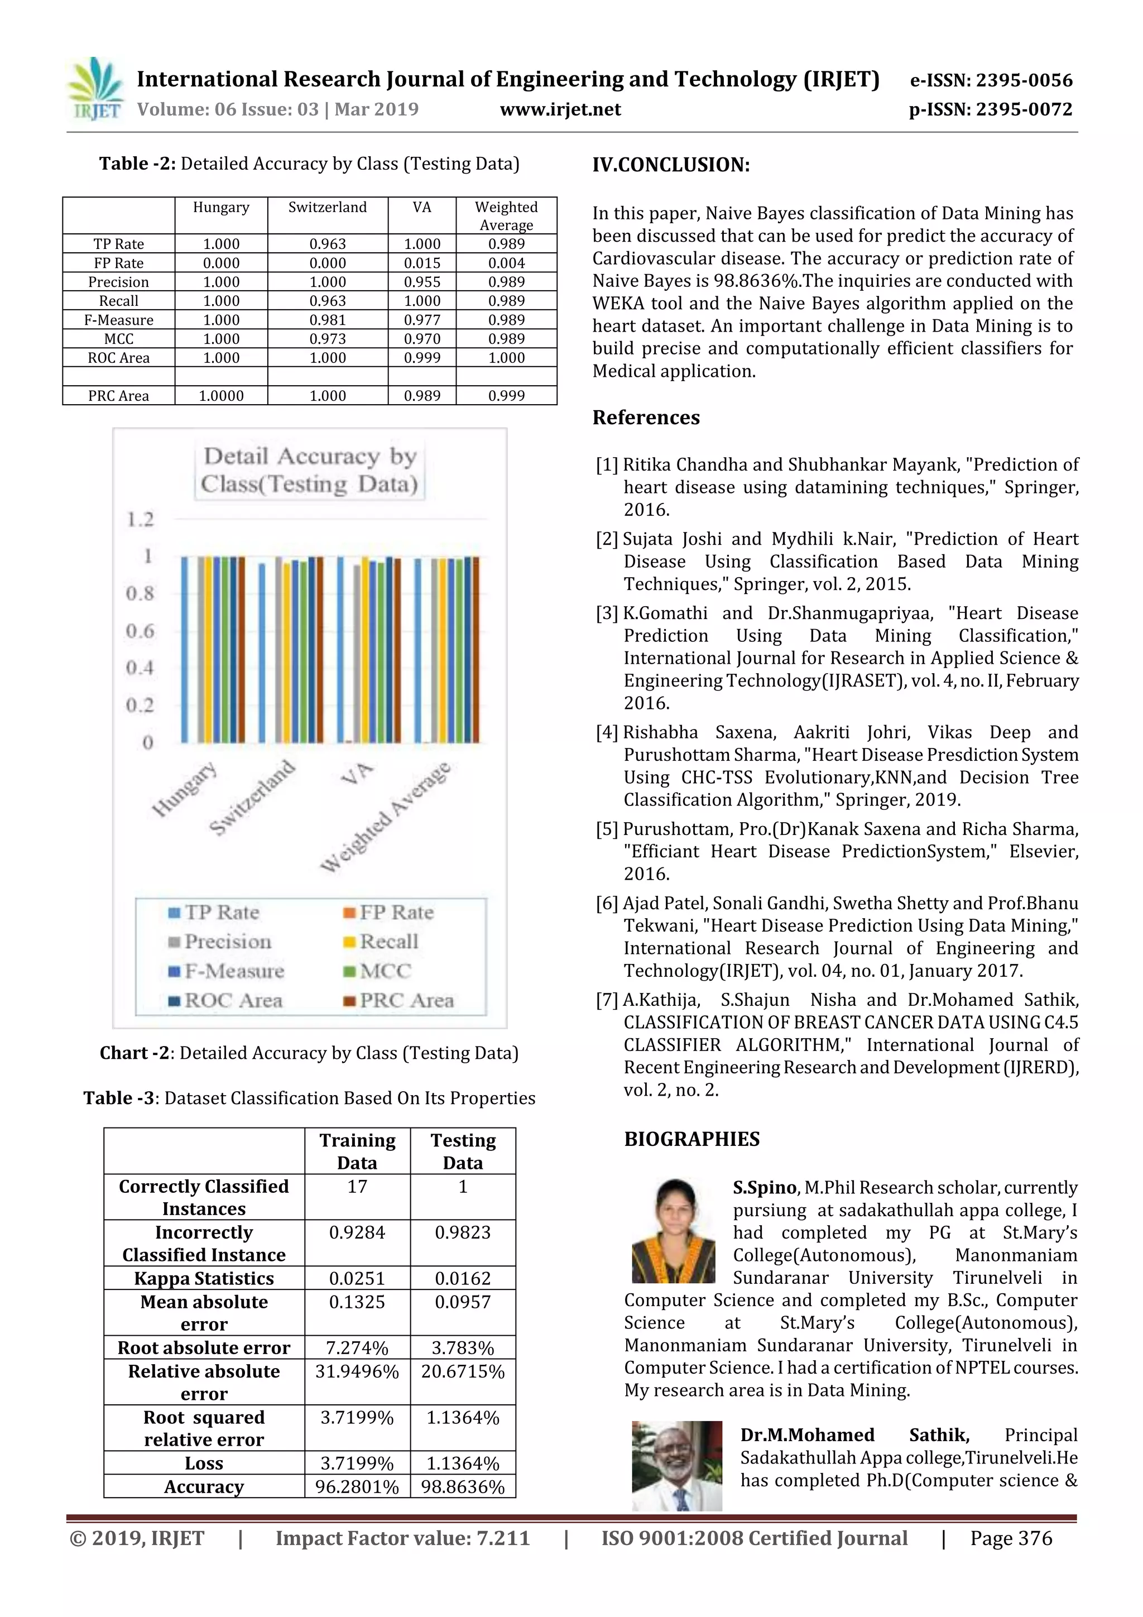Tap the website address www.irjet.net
pyautogui.click(x=560, y=110)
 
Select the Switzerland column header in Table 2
pyautogui.click(x=328, y=208)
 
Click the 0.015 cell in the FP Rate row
pyautogui.click(x=422, y=263)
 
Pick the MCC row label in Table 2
pyautogui.click(x=118, y=339)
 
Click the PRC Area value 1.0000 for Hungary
pyautogui.click(x=221, y=396)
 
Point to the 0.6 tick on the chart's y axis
pyautogui.click(x=140, y=631)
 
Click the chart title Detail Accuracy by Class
pyautogui.click(x=310, y=471)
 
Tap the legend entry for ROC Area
pyautogui.click(x=232, y=1001)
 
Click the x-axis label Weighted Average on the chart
pyautogui.click(x=386, y=817)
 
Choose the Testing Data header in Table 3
pyautogui.click(x=463, y=1151)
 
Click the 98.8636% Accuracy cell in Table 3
pyautogui.click(x=463, y=1487)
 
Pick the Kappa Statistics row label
pyautogui.click(x=204, y=1278)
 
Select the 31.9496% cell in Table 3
pyautogui.click(x=357, y=1372)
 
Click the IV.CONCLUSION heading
pyautogui.click(x=671, y=166)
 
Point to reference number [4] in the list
pyautogui.click(x=607, y=733)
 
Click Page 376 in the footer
pyautogui.click(x=1011, y=1538)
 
